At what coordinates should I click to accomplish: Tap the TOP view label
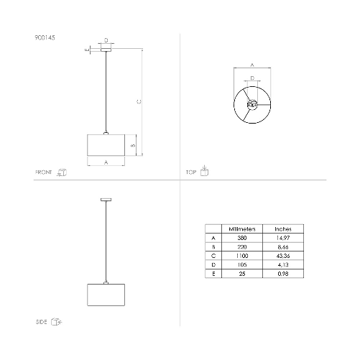coord(191,172)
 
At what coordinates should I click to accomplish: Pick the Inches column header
coord(282,228)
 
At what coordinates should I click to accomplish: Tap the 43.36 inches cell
coord(282,255)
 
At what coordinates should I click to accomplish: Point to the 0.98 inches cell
coord(282,273)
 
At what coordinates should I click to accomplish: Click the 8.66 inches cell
coord(282,246)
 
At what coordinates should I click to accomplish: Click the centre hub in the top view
coord(251,105)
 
